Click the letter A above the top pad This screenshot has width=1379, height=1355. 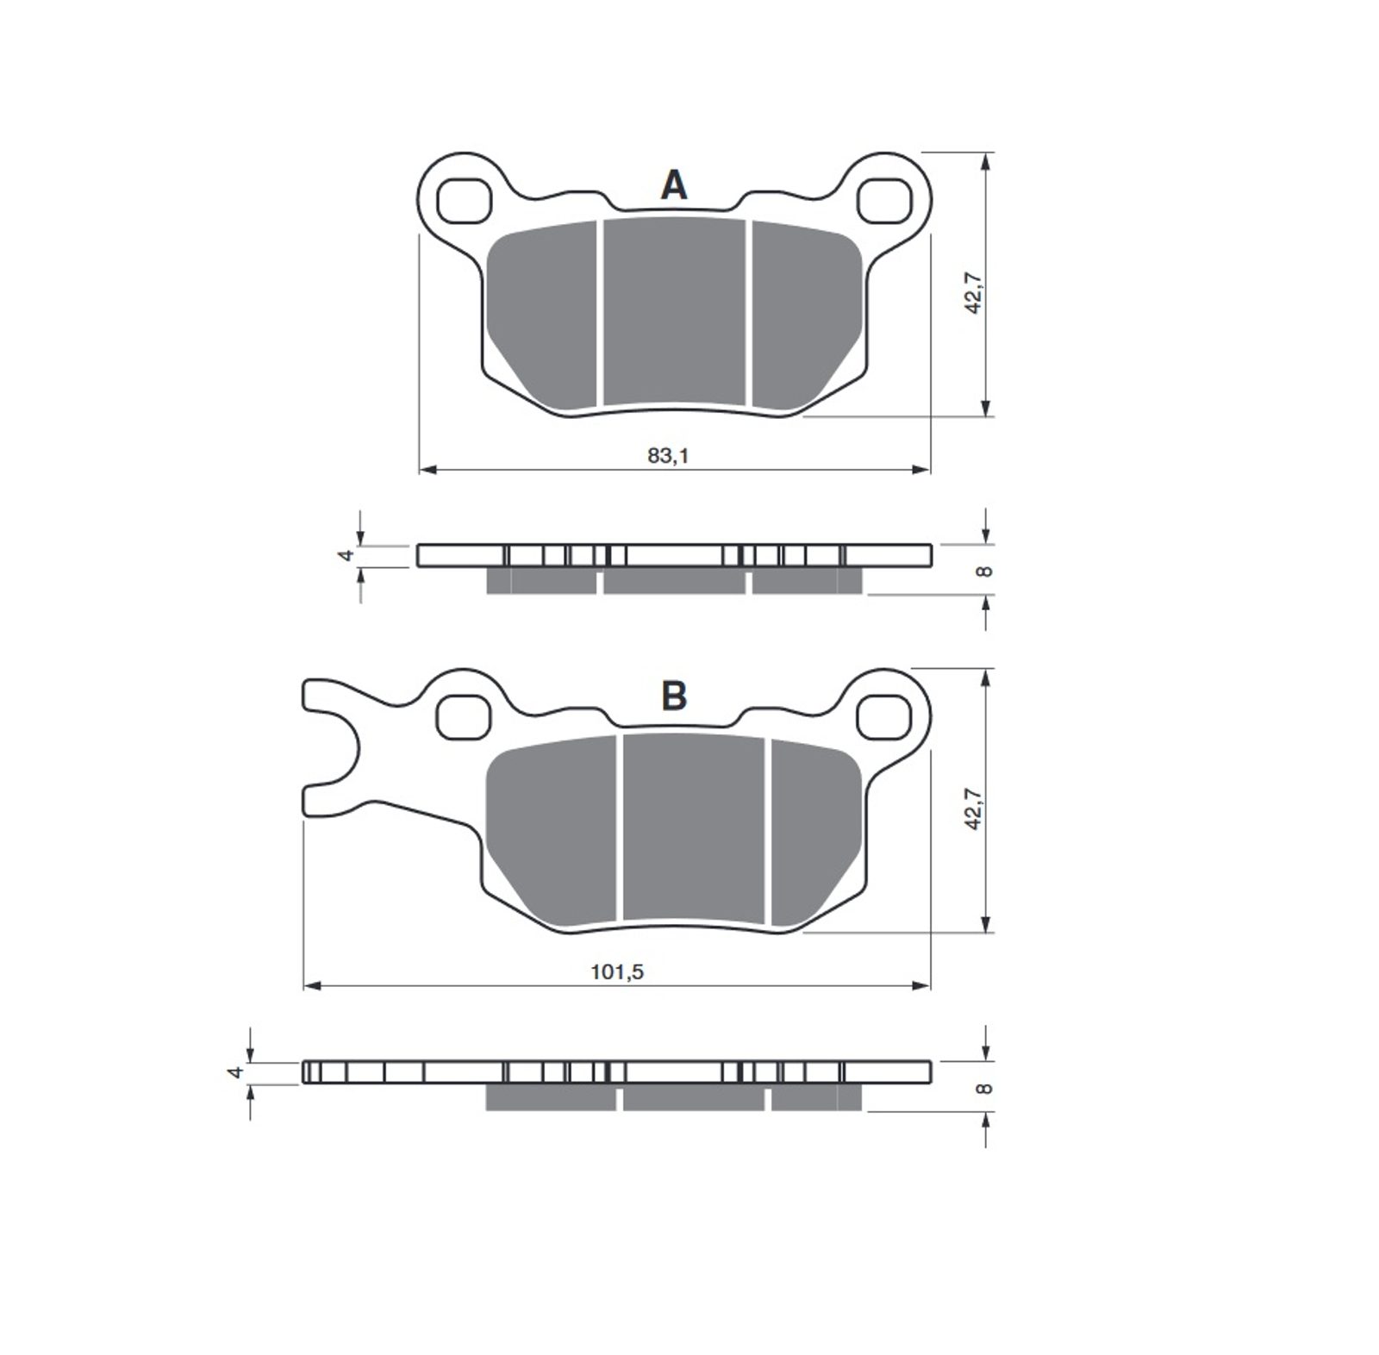click(x=674, y=184)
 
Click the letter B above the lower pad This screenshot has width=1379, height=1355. click(x=674, y=696)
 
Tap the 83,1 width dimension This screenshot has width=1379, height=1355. click(x=669, y=456)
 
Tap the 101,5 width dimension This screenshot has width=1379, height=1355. click(x=617, y=971)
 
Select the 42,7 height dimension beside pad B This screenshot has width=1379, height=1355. click(x=974, y=808)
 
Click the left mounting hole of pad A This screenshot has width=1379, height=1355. click(x=464, y=201)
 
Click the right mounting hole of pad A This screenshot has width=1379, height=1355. click(x=885, y=201)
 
